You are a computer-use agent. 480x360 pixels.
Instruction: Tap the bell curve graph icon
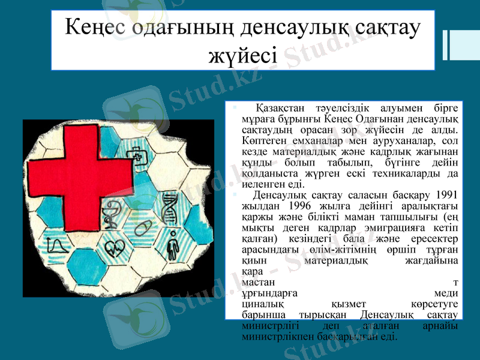tap(58, 246)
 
